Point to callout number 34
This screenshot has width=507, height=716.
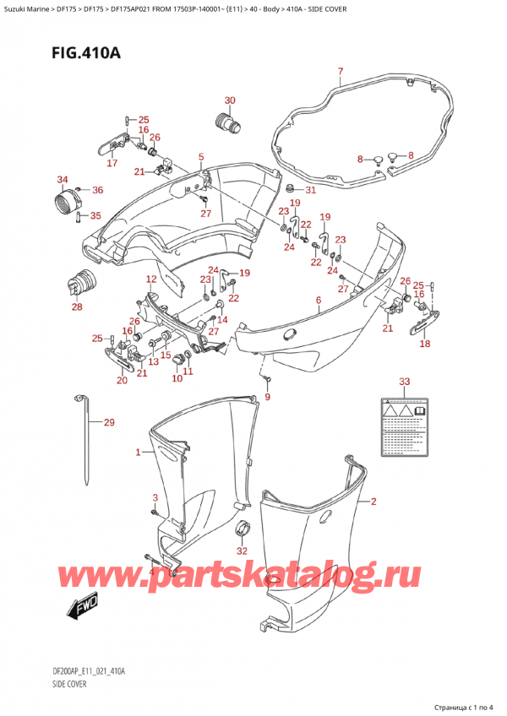pyautogui.click(x=62, y=179)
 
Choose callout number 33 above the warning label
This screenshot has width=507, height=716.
pyautogui.click(x=404, y=382)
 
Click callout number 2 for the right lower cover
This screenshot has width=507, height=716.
pyautogui.click(x=374, y=502)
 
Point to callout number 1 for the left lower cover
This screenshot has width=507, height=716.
pyautogui.click(x=138, y=453)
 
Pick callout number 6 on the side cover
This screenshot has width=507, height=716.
pyautogui.click(x=318, y=301)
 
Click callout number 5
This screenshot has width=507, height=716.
pyautogui.click(x=201, y=157)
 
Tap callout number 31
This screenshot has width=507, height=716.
pyautogui.click(x=309, y=190)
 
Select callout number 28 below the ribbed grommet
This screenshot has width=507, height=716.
pyautogui.click(x=77, y=307)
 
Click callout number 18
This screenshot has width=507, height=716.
pyautogui.click(x=425, y=344)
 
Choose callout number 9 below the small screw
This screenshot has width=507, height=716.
pyautogui.click(x=268, y=397)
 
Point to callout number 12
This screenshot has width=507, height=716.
pyautogui.click(x=150, y=279)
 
